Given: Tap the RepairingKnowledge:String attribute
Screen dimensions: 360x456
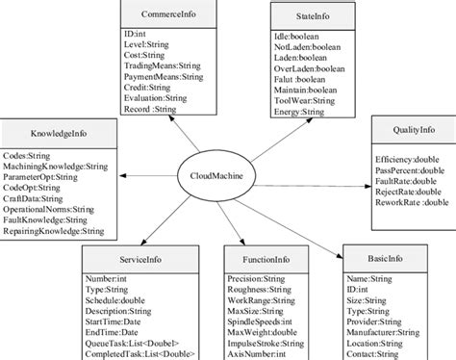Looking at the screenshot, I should click(55, 232).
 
